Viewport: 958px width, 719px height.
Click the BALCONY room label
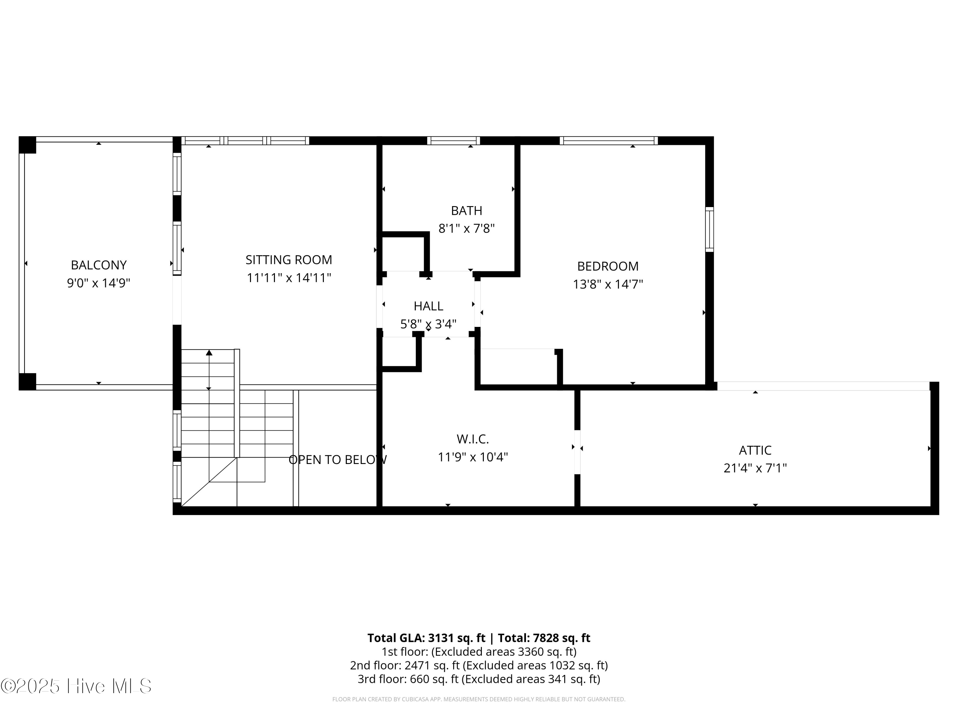point(99,265)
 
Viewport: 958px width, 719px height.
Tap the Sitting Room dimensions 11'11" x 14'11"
point(289,277)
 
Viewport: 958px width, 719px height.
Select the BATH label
point(467,211)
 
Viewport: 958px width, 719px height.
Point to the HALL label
point(428,306)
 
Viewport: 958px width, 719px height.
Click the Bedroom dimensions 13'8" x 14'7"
point(608,284)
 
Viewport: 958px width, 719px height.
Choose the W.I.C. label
point(473,439)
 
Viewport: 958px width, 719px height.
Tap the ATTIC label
point(755,450)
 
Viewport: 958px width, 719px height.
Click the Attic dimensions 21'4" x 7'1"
point(755,468)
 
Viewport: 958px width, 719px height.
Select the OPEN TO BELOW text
point(338,460)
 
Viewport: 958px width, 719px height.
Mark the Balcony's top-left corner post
point(27,145)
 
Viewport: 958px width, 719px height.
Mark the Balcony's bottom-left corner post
point(27,381)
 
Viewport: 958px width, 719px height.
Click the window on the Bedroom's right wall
point(710,229)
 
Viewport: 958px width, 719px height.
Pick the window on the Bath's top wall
point(453,140)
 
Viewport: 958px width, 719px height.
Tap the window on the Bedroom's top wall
point(609,140)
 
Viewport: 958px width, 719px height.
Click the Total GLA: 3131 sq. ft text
point(426,638)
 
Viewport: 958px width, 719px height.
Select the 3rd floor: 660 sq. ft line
point(479,679)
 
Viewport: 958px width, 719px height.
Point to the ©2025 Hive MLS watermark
point(76,686)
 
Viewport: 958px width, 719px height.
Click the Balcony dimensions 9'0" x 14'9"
point(99,283)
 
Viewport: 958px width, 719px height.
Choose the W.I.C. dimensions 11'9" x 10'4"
point(473,457)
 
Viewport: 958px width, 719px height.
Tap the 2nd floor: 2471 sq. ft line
point(479,665)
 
